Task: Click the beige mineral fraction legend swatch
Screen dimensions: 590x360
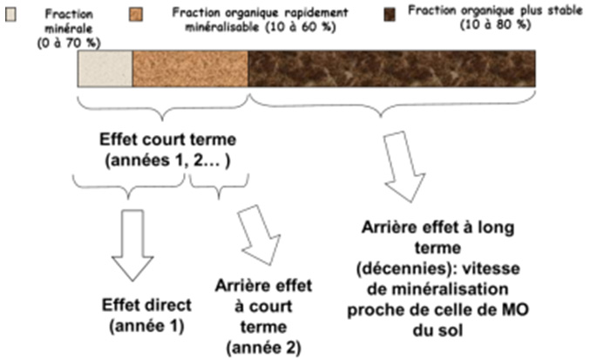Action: pyautogui.click(x=11, y=15)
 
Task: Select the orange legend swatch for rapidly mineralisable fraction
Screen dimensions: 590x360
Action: pyautogui.click(x=136, y=15)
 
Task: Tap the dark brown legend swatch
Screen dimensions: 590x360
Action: pyautogui.click(x=390, y=15)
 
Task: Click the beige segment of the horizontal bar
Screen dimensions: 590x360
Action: pyautogui.click(x=105, y=69)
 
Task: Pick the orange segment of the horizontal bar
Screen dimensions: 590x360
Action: pyautogui.click(x=190, y=69)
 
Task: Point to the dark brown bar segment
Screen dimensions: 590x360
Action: pyautogui.click(x=391, y=69)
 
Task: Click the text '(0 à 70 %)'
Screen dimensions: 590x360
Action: pyautogui.click(x=69, y=44)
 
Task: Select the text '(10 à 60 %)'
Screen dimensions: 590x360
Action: pyautogui.click(x=301, y=28)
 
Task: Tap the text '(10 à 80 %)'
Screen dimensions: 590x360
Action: pyautogui.click(x=496, y=24)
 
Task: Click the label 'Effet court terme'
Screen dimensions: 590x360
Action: pyautogui.click(x=168, y=139)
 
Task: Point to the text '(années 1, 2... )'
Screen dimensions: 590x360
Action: pyautogui.click(x=168, y=160)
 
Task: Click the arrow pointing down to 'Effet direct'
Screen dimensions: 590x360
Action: pyautogui.click(x=132, y=245)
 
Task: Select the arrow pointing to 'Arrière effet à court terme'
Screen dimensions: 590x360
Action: pyautogui.click(x=260, y=235)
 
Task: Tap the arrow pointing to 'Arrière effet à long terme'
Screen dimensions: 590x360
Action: pyautogui.click(x=404, y=166)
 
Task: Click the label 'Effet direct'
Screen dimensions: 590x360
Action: pyautogui.click(x=146, y=305)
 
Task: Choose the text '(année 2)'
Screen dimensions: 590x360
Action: pyautogui.click(x=263, y=348)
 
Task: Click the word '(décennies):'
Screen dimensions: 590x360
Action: pyautogui.click(x=406, y=269)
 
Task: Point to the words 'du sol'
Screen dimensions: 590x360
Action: pyautogui.click(x=437, y=331)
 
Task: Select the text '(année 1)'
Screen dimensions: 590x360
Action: pyautogui.click(x=146, y=326)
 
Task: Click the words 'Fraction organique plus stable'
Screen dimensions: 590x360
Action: pyautogui.click(x=495, y=10)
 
